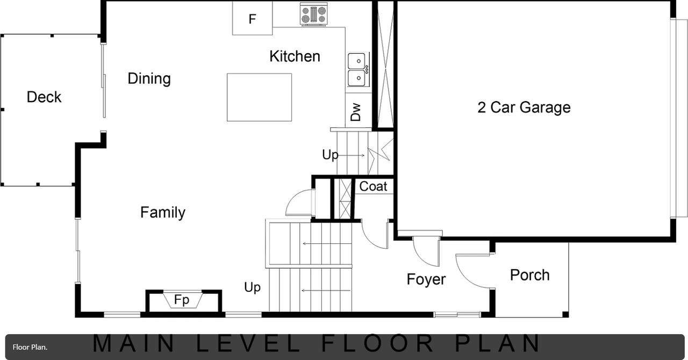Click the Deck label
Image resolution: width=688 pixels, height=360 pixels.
[x=44, y=97]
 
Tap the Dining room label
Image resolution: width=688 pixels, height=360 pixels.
[x=149, y=78]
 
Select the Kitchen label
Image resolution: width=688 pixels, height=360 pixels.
[x=295, y=56]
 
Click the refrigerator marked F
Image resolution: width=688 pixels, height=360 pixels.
[x=252, y=19]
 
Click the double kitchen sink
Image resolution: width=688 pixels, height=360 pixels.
[x=357, y=69]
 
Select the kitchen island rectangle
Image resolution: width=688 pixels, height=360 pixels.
[x=259, y=97]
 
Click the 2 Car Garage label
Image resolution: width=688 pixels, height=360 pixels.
[x=524, y=107]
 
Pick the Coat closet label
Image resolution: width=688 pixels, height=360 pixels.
[x=373, y=186]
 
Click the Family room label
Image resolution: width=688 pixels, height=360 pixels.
[x=163, y=213]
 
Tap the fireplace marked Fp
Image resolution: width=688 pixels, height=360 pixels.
[x=182, y=300]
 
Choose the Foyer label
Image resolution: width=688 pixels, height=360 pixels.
[x=426, y=279]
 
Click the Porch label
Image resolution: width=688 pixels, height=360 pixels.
[x=529, y=275]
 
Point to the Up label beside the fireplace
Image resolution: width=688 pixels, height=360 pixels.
[x=252, y=287]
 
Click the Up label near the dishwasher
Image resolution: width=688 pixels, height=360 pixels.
[x=330, y=155]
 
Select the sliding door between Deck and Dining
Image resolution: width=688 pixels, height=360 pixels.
[x=103, y=81]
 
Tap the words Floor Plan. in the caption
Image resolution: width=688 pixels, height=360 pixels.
[x=30, y=347]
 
